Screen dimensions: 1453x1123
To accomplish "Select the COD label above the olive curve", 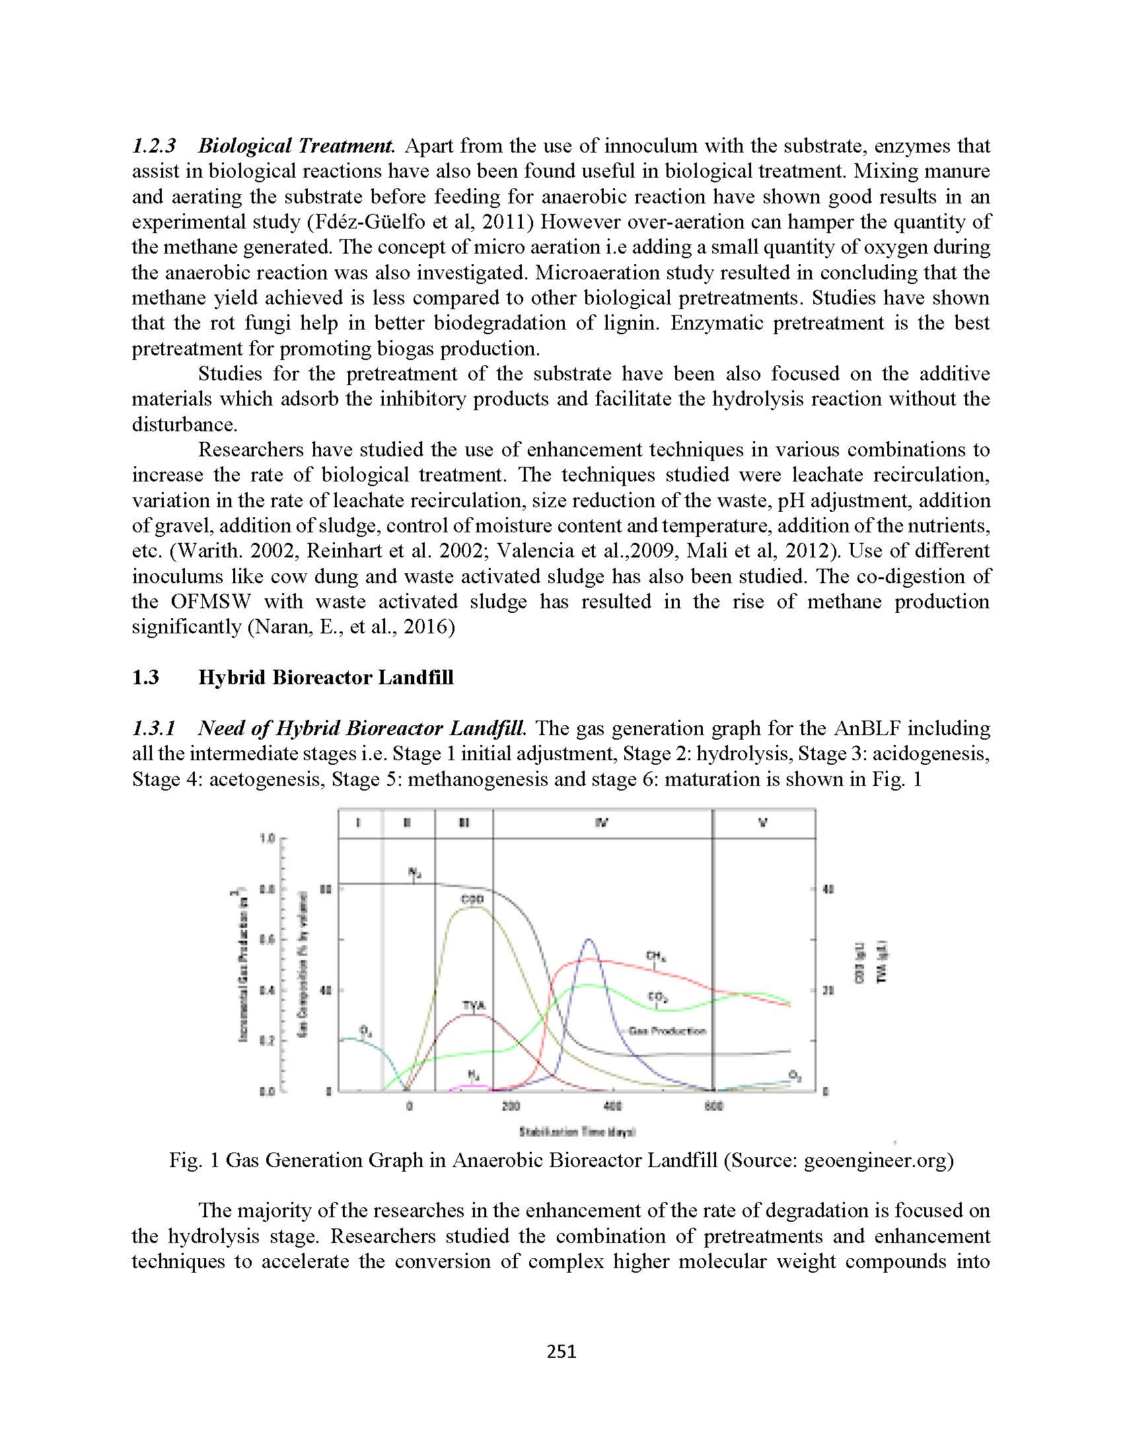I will point(472,900).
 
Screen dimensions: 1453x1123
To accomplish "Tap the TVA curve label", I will point(473,1005).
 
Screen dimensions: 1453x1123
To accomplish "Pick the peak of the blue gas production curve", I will point(588,939).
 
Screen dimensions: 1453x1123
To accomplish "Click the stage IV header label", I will point(601,823).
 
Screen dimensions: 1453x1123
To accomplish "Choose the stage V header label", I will point(763,823).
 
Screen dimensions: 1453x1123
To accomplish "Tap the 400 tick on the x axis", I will point(612,1106).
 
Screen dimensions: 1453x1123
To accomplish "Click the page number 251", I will point(561,1351).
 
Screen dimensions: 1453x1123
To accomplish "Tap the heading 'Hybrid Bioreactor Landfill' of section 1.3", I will point(326,677).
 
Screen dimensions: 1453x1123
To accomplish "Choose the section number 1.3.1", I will point(154,728).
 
